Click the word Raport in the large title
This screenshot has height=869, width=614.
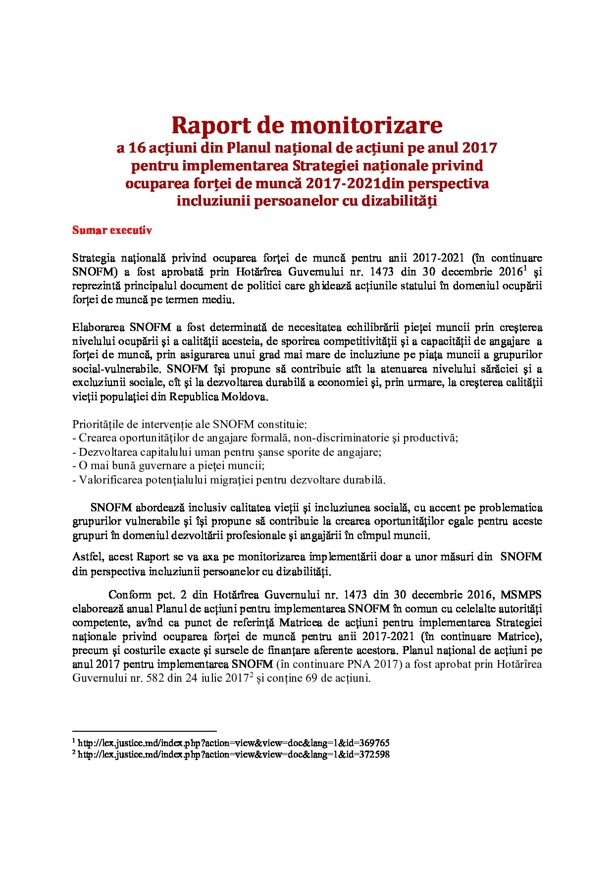click(210, 126)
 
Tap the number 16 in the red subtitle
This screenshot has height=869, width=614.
click(137, 148)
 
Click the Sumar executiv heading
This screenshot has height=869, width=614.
click(112, 230)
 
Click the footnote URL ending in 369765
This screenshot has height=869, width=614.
click(234, 743)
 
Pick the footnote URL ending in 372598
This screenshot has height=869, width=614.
click(234, 755)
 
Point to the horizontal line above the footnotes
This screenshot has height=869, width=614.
click(145, 731)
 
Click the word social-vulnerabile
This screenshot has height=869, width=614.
click(117, 369)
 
